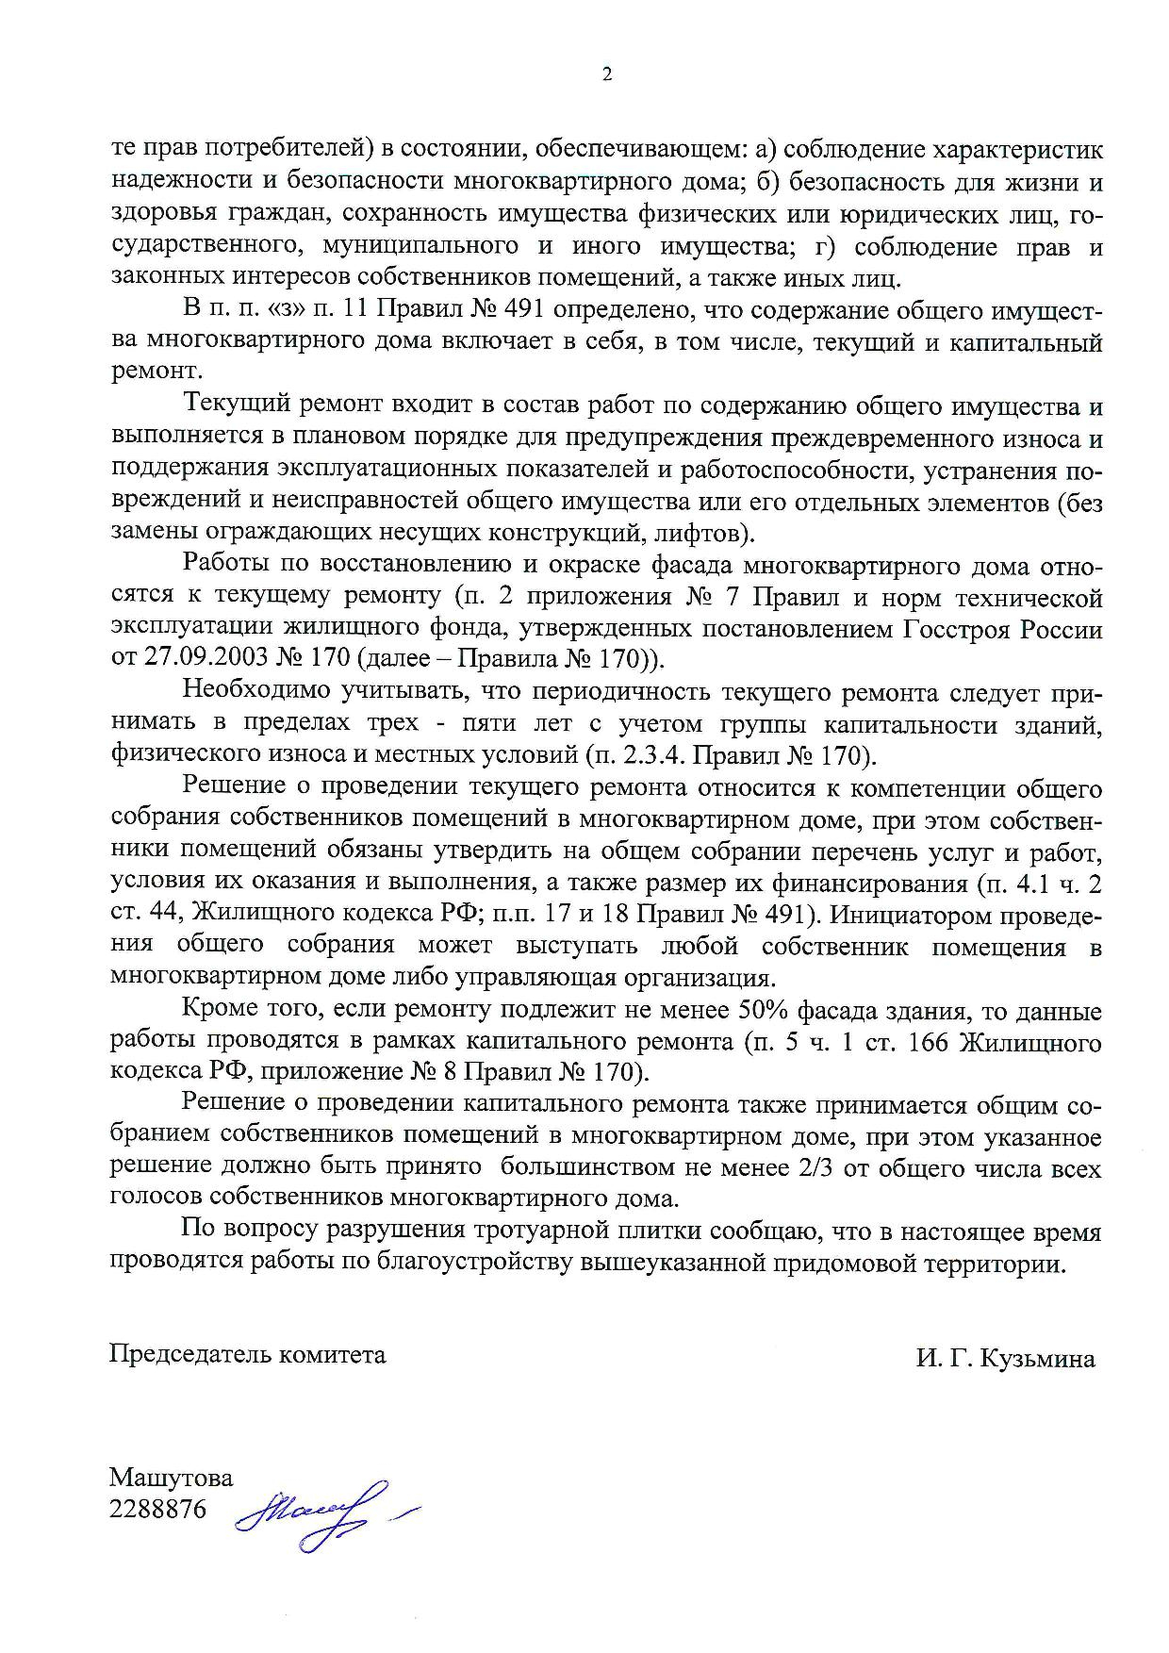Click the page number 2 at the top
coord(606,75)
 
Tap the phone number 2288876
coord(157,1509)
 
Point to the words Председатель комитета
coord(248,1355)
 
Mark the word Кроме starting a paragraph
coord(217,1012)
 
